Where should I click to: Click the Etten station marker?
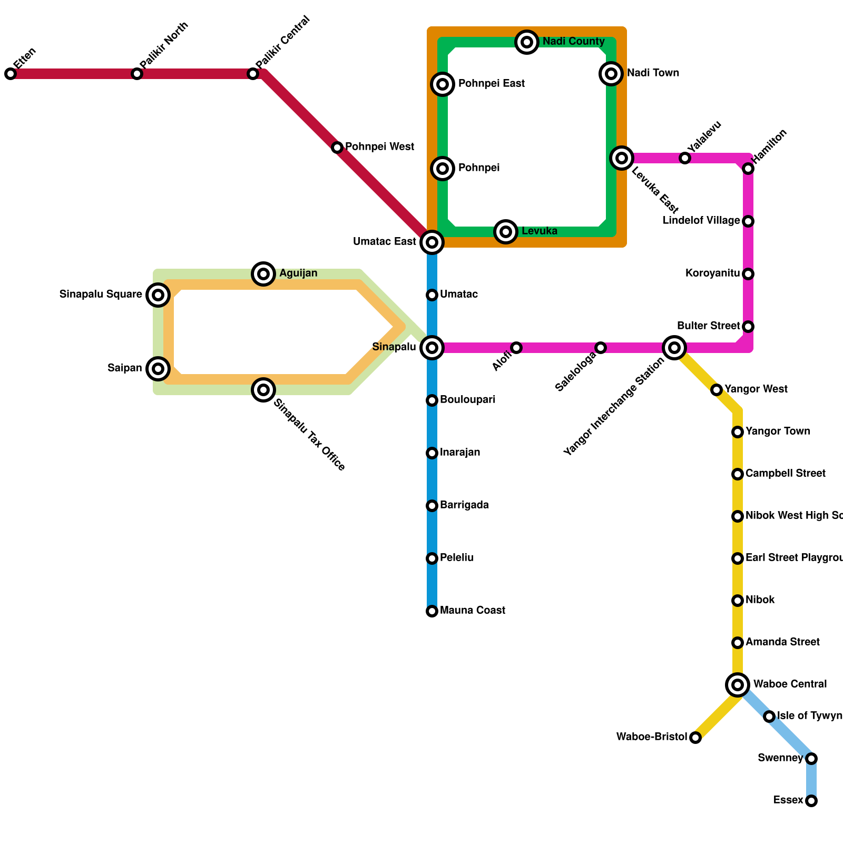click(11, 74)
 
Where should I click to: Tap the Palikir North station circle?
click(137, 74)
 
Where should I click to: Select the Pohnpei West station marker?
click(337, 148)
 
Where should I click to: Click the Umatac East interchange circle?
click(432, 242)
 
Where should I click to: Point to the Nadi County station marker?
click(527, 42)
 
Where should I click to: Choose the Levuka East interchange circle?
click(622, 158)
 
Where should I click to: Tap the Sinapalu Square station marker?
click(158, 295)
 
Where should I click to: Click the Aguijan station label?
click(298, 273)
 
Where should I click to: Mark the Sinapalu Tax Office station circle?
click(263, 390)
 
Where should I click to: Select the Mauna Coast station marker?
click(432, 611)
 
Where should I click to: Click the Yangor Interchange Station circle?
click(674, 348)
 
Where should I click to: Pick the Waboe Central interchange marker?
click(738, 685)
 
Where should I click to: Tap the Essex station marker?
click(811, 801)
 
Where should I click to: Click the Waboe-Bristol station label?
click(652, 737)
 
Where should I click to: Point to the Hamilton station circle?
click(748, 169)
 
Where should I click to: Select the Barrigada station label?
click(464, 505)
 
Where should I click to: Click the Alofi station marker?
click(516, 348)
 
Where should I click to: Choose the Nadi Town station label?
click(653, 73)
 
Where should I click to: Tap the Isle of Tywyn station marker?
click(769, 717)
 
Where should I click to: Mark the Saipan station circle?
click(158, 369)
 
